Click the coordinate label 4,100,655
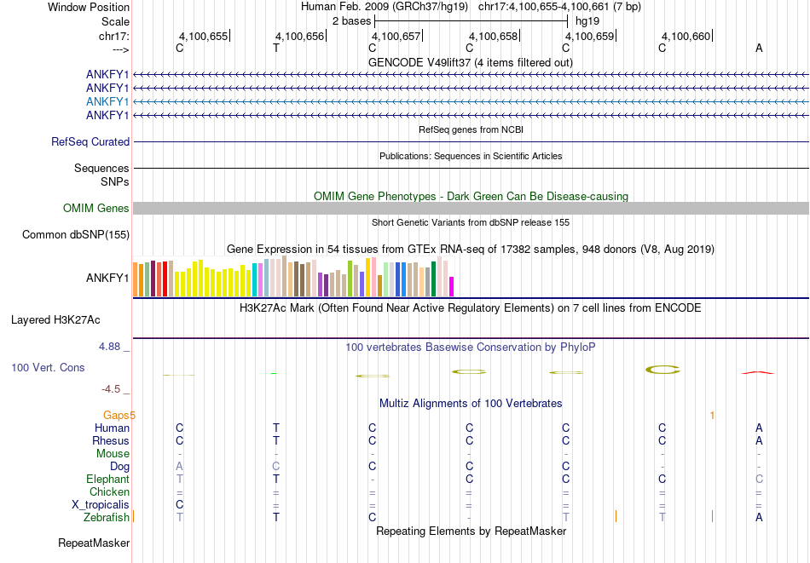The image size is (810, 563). click(203, 37)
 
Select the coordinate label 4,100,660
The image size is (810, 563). click(686, 37)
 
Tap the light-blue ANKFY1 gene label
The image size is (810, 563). click(107, 101)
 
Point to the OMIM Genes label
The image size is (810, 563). click(96, 208)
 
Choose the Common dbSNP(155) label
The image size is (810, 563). click(76, 235)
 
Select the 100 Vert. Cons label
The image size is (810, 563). click(48, 367)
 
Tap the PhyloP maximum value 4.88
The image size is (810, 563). click(110, 347)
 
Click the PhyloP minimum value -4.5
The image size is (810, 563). click(111, 389)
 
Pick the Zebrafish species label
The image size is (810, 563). click(107, 517)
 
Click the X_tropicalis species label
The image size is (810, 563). click(101, 504)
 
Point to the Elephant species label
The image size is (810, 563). click(107, 479)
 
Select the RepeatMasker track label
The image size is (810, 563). click(94, 543)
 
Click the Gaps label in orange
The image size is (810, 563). click(119, 415)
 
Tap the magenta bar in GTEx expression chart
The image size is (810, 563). click(452, 286)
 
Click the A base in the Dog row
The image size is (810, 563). click(179, 466)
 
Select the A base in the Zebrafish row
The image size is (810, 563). click(759, 517)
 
